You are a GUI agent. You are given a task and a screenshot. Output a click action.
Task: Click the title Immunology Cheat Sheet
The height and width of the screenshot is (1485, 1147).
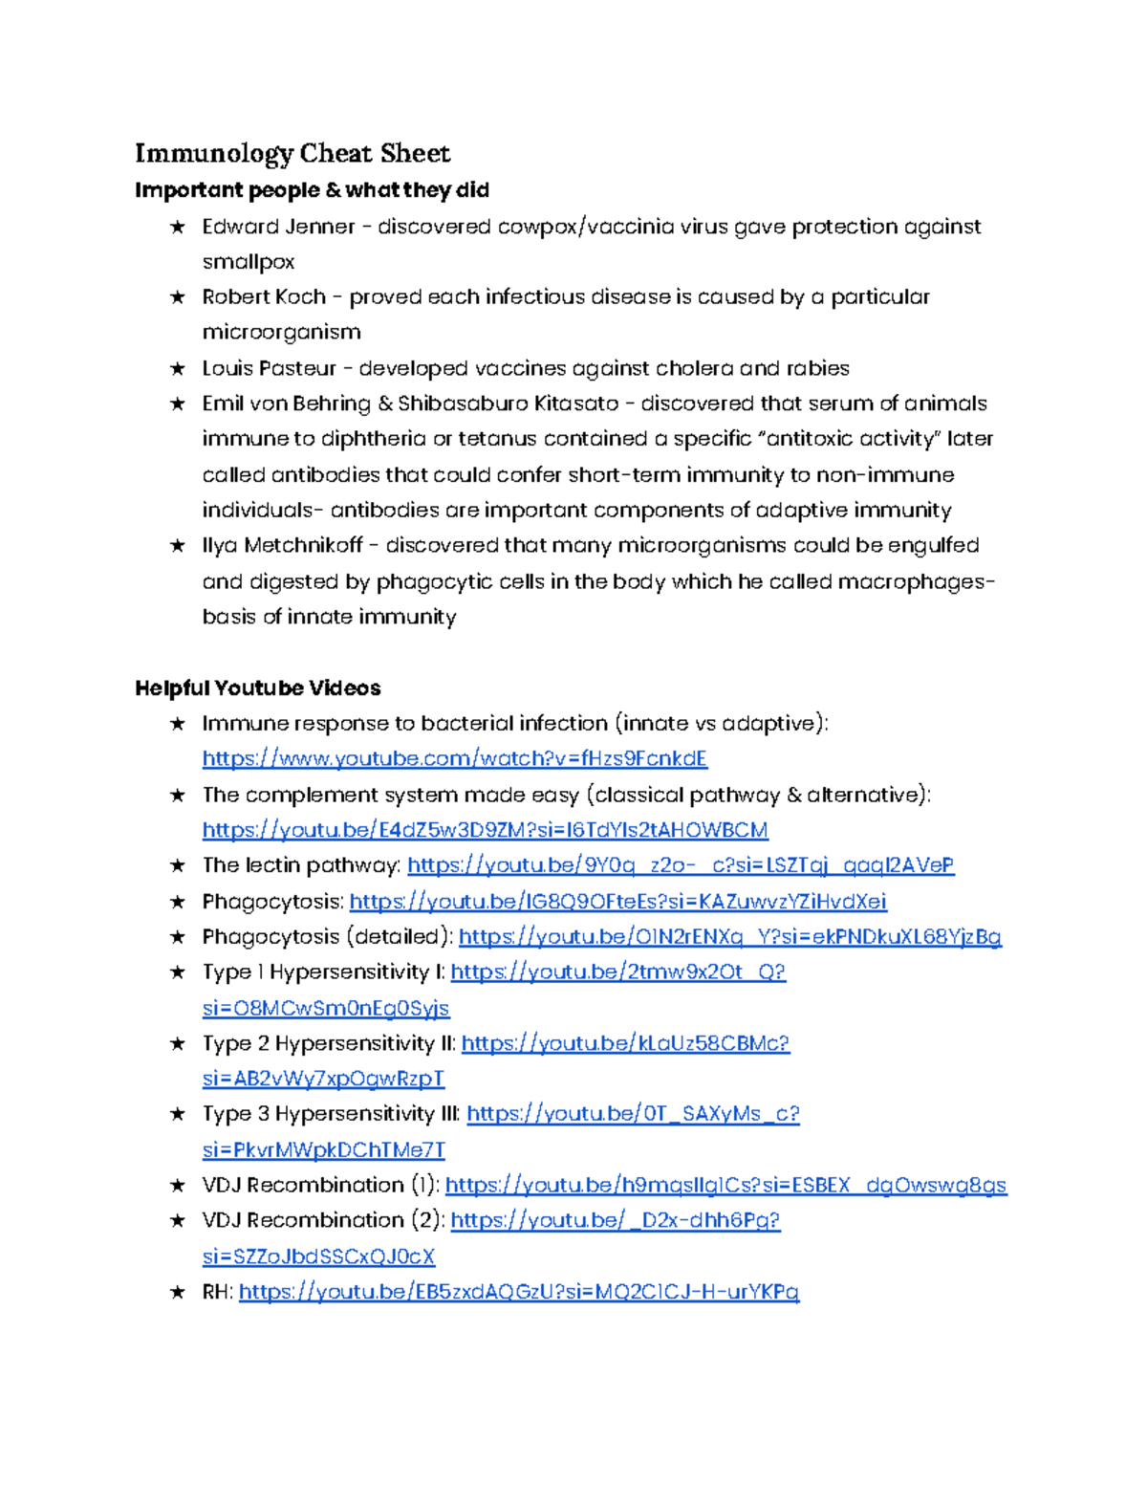(292, 153)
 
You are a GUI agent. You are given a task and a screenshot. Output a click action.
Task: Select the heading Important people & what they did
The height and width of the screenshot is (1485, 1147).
(312, 190)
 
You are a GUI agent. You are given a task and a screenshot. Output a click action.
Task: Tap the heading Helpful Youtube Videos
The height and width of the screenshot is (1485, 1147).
(257, 688)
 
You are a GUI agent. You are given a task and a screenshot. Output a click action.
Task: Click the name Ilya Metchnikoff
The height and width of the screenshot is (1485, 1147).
(282, 546)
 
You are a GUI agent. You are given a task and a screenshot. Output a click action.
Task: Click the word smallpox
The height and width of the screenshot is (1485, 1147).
(248, 262)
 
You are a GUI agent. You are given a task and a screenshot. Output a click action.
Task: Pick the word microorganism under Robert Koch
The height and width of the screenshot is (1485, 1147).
(281, 333)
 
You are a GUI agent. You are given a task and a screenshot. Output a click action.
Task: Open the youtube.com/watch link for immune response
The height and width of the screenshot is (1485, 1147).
(454, 759)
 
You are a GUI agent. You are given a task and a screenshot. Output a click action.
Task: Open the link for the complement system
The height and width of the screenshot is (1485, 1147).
(485, 830)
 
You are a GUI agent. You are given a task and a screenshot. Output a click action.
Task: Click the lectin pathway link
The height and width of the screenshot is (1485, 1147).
(680, 865)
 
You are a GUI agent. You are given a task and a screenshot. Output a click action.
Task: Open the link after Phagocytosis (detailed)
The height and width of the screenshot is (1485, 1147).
(729, 937)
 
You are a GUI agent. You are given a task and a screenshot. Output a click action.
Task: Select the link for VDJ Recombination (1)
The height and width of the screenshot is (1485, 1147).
(725, 1186)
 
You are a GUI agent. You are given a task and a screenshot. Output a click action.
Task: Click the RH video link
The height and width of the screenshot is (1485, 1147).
(518, 1292)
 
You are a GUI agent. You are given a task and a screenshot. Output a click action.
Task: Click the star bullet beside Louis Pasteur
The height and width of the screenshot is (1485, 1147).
(177, 368)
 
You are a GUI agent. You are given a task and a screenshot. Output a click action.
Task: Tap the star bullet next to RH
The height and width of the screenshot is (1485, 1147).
(177, 1292)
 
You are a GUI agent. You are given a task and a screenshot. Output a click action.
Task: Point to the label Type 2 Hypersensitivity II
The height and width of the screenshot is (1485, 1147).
(328, 1043)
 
